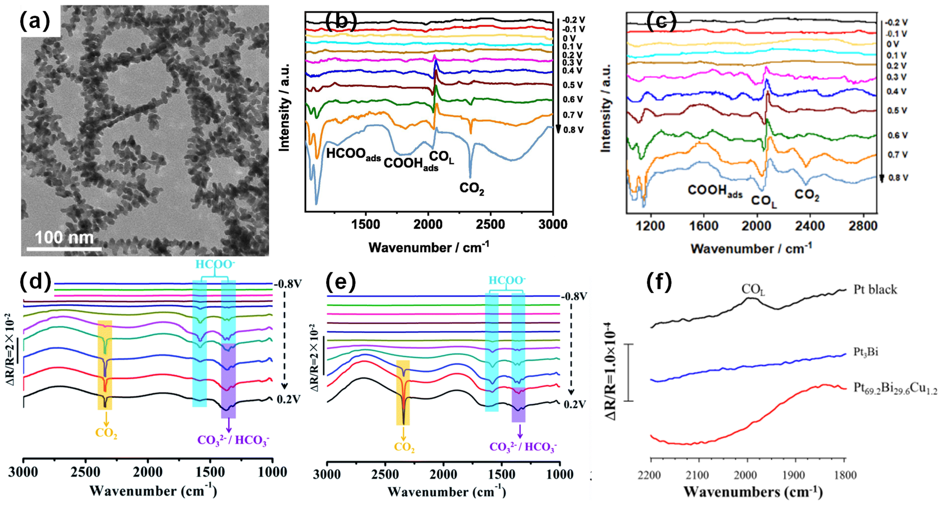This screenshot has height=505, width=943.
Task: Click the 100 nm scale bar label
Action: pos(64,238)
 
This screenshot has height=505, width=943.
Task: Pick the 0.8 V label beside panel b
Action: pos(573,130)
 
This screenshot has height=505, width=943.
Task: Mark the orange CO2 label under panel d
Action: pos(106,433)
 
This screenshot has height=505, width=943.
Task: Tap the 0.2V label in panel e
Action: pos(575,404)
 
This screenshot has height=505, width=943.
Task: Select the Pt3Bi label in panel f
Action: pos(866,352)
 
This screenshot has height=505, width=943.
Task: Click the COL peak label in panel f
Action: pos(753,289)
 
